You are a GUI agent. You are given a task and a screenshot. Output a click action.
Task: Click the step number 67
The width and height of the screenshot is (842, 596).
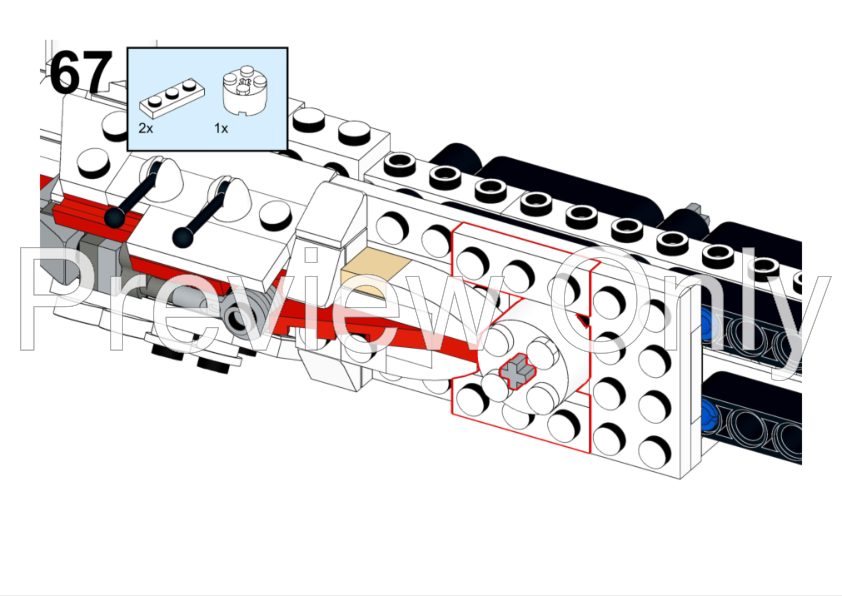point(82,71)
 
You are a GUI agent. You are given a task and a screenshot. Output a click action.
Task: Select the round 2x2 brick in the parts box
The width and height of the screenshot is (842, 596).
point(246,90)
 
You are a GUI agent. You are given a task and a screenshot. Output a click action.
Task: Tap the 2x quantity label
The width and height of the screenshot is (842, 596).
point(146,128)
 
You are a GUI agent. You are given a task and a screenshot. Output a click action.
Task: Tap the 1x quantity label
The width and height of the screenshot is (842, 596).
point(221,128)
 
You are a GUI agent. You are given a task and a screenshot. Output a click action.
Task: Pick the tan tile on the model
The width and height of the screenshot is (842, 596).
point(375,274)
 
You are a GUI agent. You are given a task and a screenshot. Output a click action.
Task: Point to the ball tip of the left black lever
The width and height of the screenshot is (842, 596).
point(114,219)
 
